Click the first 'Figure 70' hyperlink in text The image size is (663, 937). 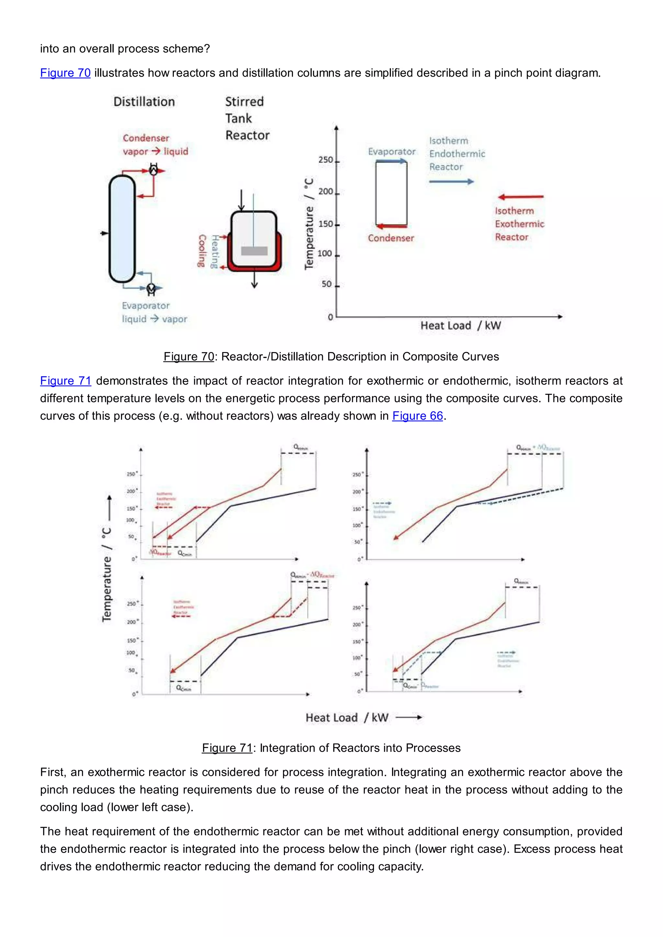click(65, 73)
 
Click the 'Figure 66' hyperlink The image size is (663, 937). click(417, 416)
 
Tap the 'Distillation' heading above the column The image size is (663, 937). click(144, 102)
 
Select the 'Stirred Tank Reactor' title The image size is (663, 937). click(247, 118)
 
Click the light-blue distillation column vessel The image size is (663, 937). click(122, 228)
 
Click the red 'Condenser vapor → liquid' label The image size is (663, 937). click(155, 145)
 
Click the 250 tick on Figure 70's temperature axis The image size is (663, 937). click(326, 160)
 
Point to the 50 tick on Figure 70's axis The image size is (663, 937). click(327, 284)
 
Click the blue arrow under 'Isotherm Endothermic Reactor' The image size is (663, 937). click(451, 182)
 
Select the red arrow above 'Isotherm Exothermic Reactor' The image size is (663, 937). click(521, 197)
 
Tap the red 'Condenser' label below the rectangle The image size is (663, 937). click(391, 238)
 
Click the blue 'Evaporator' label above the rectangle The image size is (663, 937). click(391, 152)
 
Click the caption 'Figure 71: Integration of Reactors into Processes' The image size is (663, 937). click(331, 748)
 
